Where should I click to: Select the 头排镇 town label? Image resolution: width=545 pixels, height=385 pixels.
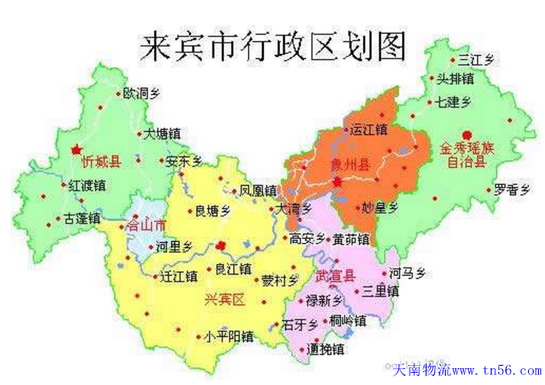(455, 79)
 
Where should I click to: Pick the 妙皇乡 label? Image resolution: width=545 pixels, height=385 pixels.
(379, 208)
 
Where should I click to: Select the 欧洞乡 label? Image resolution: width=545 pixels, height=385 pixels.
(142, 94)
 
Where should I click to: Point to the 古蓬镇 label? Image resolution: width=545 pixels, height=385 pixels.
(82, 218)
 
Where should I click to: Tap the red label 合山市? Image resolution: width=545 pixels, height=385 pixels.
(145, 226)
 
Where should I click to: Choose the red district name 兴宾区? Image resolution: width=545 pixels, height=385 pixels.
(225, 299)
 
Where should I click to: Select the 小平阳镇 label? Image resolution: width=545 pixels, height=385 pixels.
(223, 336)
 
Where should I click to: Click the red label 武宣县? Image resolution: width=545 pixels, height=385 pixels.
(335, 276)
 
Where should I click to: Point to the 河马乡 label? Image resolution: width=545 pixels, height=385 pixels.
(407, 273)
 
